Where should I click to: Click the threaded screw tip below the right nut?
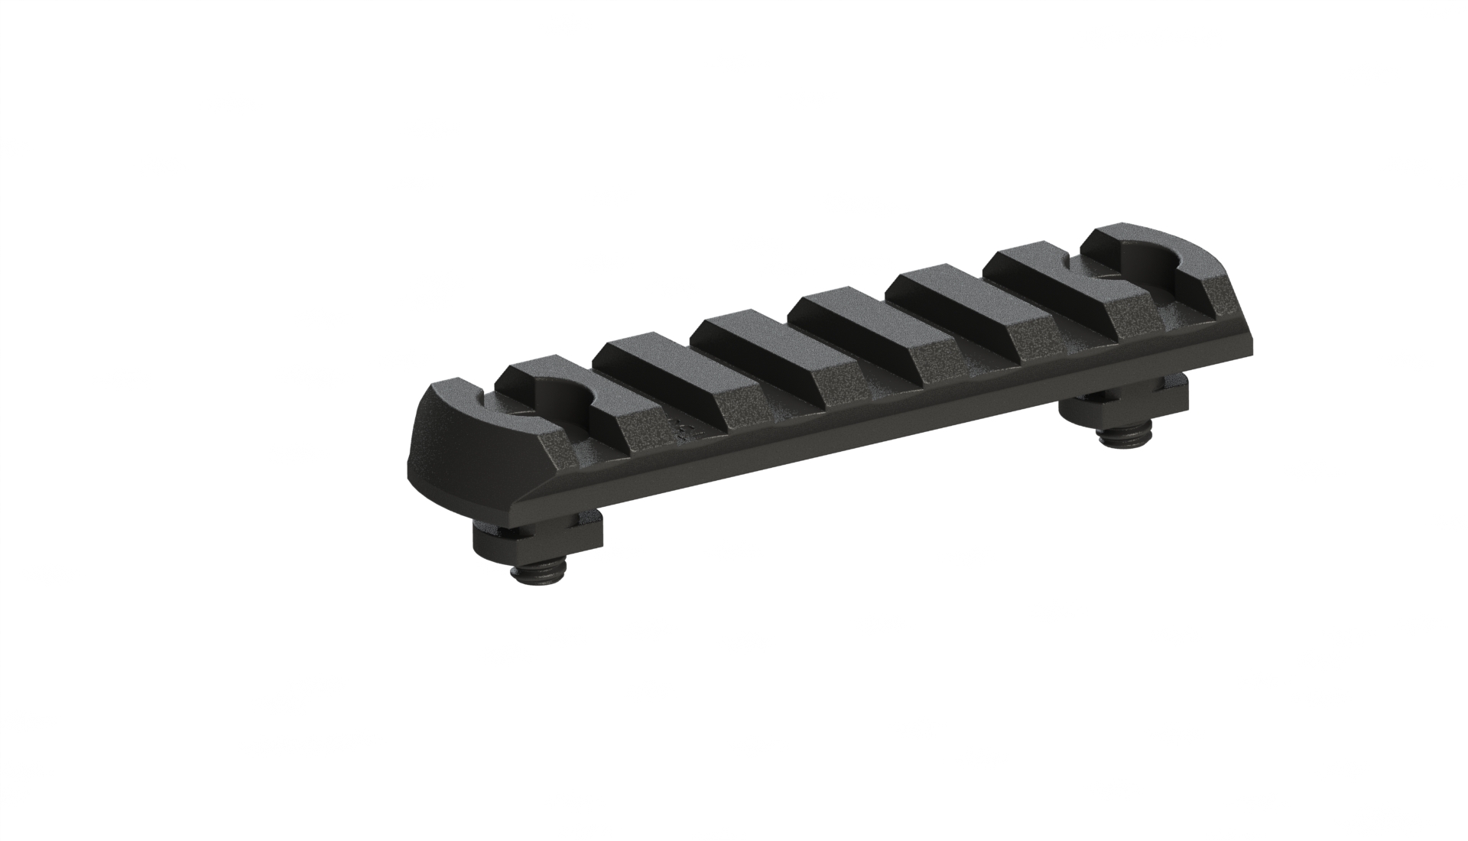tap(1121, 437)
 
